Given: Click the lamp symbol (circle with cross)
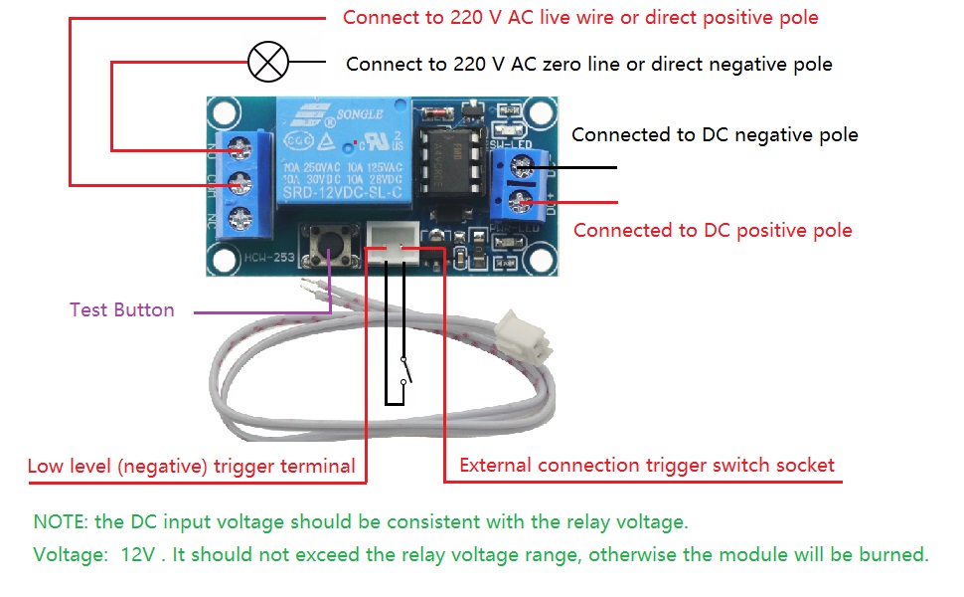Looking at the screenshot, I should click(x=267, y=63).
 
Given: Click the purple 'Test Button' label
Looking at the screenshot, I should click(x=121, y=309).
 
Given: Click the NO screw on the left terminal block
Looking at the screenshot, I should click(x=239, y=149).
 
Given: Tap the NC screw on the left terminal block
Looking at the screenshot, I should click(x=239, y=219).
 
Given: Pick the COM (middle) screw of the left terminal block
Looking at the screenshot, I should click(x=239, y=183).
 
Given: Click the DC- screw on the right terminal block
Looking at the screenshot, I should click(x=519, y=165).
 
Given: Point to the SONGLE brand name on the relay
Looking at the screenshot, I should click(x=359, y=114).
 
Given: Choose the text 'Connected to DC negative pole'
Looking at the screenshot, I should click(x=715, y=134).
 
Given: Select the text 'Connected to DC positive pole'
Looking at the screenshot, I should click(x=713, y=230).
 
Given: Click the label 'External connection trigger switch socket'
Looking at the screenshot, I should click(x=647, y=465).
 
